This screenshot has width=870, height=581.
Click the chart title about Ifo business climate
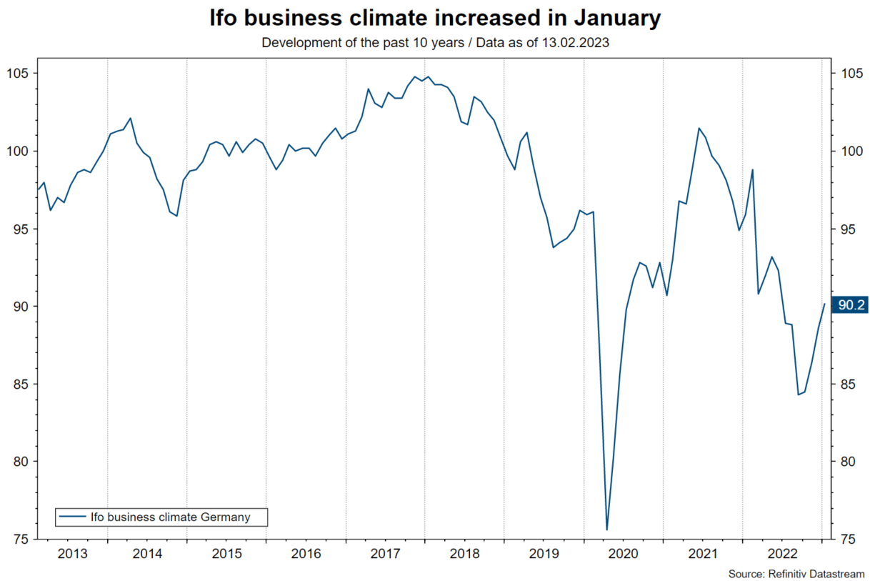(435, 19)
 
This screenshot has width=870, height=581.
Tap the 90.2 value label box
(851, 306)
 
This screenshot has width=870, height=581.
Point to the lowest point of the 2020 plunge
(606, 530)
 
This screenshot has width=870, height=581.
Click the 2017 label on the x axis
(385, 553)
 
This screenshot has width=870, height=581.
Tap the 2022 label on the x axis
(781, 553)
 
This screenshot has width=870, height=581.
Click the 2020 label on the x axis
(624, 553)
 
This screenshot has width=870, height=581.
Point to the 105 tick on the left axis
(19, 74)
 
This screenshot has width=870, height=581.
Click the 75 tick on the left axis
(22, 539)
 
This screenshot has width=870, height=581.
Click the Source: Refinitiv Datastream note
(796, 574)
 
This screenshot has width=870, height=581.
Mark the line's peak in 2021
(699, 128)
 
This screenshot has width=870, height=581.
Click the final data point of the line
(824, 304)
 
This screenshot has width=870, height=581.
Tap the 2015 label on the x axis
(227, 553)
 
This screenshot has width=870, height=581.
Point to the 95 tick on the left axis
(22, 229)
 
